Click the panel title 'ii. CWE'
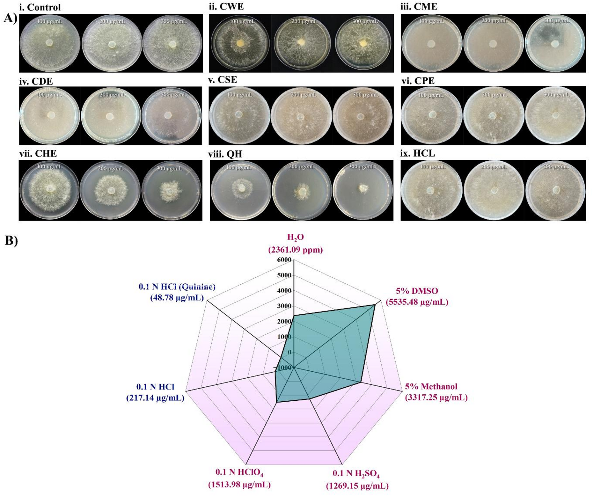[226, 6]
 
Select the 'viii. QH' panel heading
[225, 154]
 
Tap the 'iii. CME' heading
[419, 6]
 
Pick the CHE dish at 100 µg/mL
[49, 190]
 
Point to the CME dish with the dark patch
[555, 43]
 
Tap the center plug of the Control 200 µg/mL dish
[112, 44]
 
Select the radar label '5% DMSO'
[417, 291]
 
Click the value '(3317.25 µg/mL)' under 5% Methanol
[436, 398]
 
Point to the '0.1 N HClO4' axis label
[239, 472]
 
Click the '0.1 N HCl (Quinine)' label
[177, 287]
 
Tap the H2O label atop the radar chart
[295, 237]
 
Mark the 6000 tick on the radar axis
[284, 260]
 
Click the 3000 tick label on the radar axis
[284, 306]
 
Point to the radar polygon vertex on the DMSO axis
[374, 305]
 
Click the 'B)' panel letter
[11, 241]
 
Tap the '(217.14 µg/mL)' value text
[155, 398]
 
